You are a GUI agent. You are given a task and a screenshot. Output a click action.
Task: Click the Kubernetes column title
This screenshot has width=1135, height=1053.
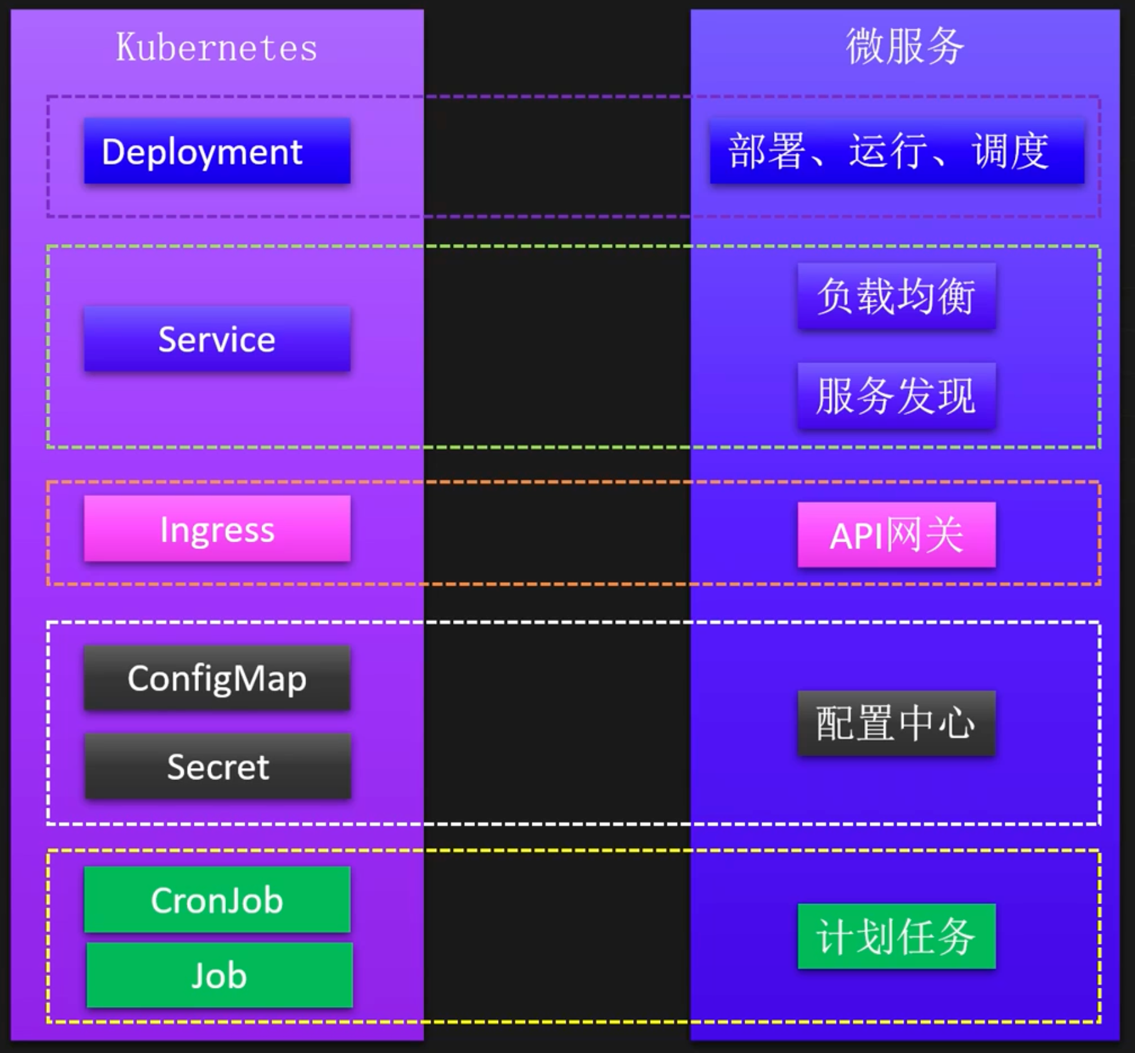pyautogui.click(x=216, y=48)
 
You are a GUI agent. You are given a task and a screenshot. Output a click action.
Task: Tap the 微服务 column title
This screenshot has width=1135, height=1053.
pyautogui.click(x=905, y=47)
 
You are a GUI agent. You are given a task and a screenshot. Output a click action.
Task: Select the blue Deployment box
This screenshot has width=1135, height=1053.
pyautogui.click(x=217, y=151)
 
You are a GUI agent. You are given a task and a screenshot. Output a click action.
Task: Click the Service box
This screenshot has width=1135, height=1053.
pyautogui.click(x=217, y=339)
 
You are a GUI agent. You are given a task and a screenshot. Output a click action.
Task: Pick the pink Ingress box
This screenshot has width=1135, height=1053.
pyautogui.click(x=217, y=529)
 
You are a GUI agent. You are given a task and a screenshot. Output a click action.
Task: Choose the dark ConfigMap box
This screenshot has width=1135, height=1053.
pyautogui.click(x=217, y=678)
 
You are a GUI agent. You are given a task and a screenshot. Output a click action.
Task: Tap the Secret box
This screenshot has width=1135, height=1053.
pyautogui.click(x=218, y=766)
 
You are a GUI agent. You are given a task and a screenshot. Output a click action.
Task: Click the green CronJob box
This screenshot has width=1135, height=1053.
pyautogui.click(x=217, y=900)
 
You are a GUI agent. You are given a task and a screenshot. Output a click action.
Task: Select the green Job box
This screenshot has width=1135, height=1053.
pyautogui.click(x=219, y=975)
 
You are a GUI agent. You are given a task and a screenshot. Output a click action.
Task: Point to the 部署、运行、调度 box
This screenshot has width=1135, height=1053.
pyautogui.click(x=897, y=152)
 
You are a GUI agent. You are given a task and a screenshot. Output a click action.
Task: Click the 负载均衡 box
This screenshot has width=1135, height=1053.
pyautogui.click(x=896, y=296)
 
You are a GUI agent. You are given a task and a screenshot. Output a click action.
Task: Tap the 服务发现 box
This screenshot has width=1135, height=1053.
pyautogui.click(x=896, y=396)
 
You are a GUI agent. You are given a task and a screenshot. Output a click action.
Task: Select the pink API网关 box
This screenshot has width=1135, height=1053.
pyautogui.click(x=896, y=535)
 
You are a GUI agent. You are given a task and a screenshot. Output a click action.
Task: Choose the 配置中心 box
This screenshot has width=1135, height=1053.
pyautogui.click(x=896, y=723)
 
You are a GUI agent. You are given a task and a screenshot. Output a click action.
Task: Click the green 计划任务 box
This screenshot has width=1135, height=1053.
pyautogui.click(x=896, y=937)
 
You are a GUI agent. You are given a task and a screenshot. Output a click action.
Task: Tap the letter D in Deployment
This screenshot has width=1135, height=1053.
pyautogui.click(x=113, y=152)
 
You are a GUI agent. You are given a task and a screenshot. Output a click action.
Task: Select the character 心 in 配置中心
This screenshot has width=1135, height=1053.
pyautogui.click(x=957, y=724)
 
